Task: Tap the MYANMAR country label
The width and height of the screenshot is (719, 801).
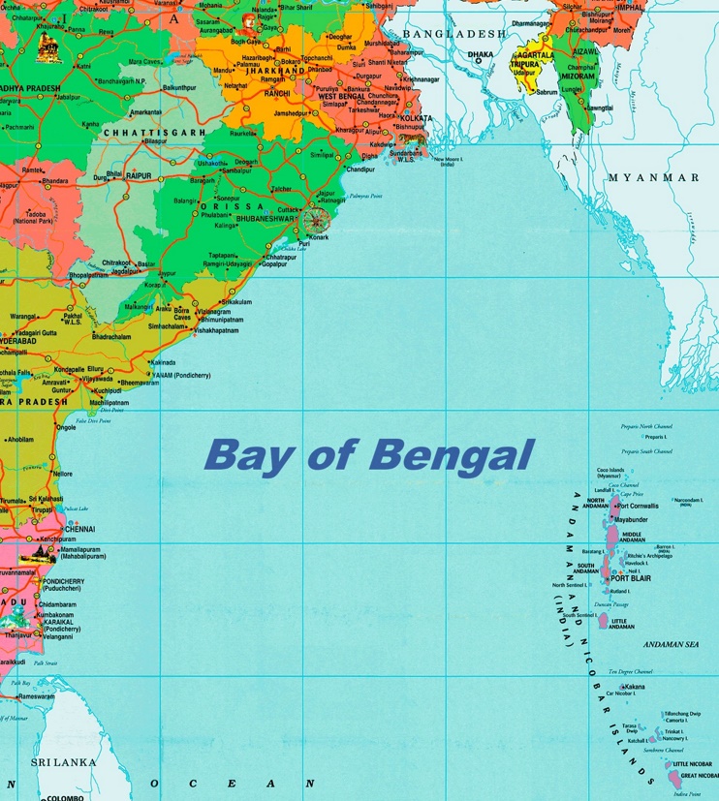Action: click(653, 178)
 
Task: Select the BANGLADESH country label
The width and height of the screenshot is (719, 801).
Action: click(453, 34)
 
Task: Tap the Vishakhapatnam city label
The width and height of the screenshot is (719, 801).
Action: click(216, 330)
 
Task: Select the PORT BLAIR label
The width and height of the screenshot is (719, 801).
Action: click(630, 578)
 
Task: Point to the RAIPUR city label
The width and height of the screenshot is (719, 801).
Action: click(140, 175)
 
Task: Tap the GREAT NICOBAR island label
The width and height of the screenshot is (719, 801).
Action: click(699, 776)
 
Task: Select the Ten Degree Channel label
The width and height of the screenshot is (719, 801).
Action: click(630, 671)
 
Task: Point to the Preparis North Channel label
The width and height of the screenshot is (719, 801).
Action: click(646, 426)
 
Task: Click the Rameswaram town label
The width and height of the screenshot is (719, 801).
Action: click(35, 695)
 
